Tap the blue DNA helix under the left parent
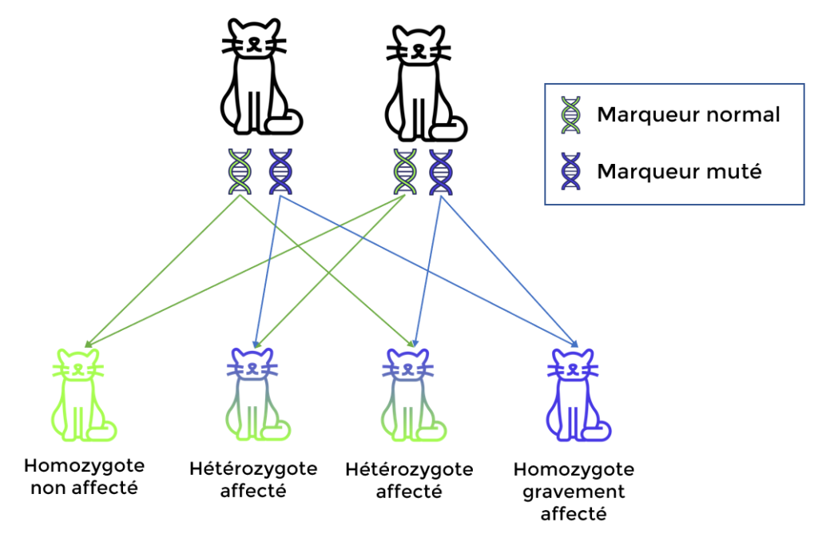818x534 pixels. click(x=280, y=171)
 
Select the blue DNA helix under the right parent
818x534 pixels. click(x=440, y=171)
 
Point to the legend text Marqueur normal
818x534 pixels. click(x=688, y=115)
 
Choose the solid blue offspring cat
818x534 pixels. click(x=576, y=396)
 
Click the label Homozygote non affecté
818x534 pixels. click(x=84, y=476)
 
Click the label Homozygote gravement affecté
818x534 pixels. click(x=574, y=491)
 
